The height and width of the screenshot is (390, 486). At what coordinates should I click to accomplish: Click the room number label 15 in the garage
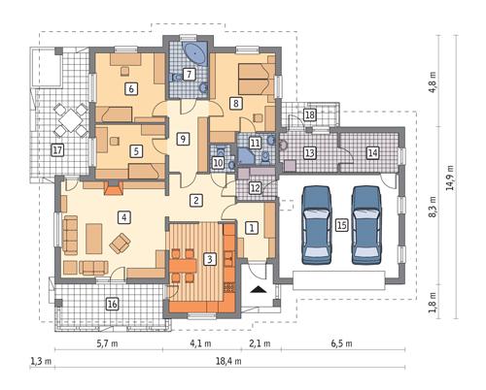point(341,224)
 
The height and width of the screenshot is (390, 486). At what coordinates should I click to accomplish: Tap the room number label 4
point(122,216)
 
